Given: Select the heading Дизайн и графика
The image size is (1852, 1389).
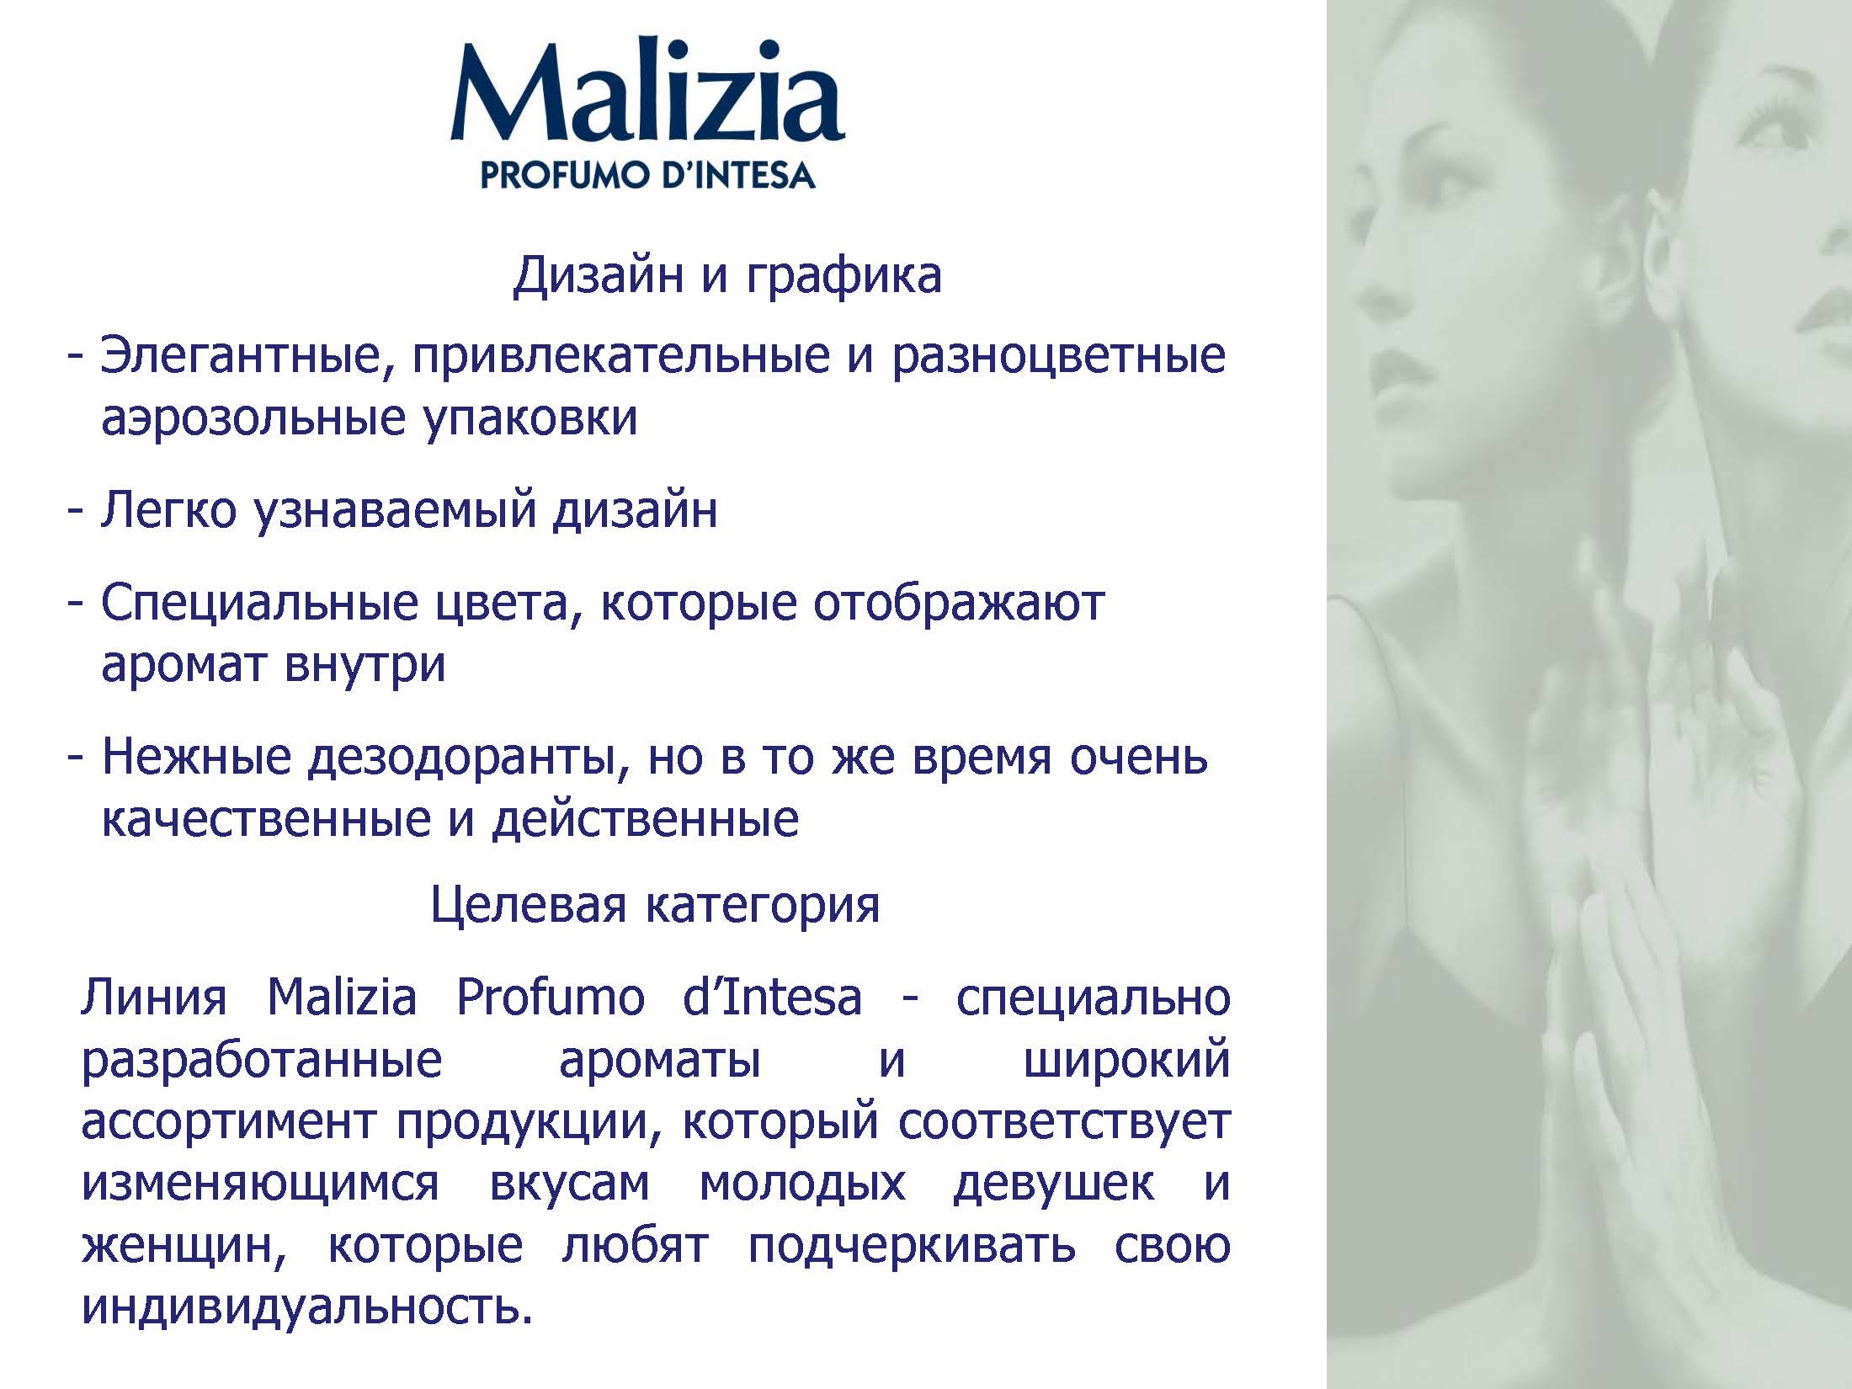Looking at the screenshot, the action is tap(727, 276).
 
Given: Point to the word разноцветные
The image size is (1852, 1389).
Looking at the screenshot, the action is tap(1058, 358).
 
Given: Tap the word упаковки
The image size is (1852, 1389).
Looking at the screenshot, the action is tap(530, 418).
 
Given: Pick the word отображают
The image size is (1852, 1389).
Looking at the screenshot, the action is tap(958, 603).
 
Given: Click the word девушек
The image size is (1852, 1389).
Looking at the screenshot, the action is tap(1054, 1184).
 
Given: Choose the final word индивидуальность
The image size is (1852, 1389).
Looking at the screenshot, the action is tap(308, 1307).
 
